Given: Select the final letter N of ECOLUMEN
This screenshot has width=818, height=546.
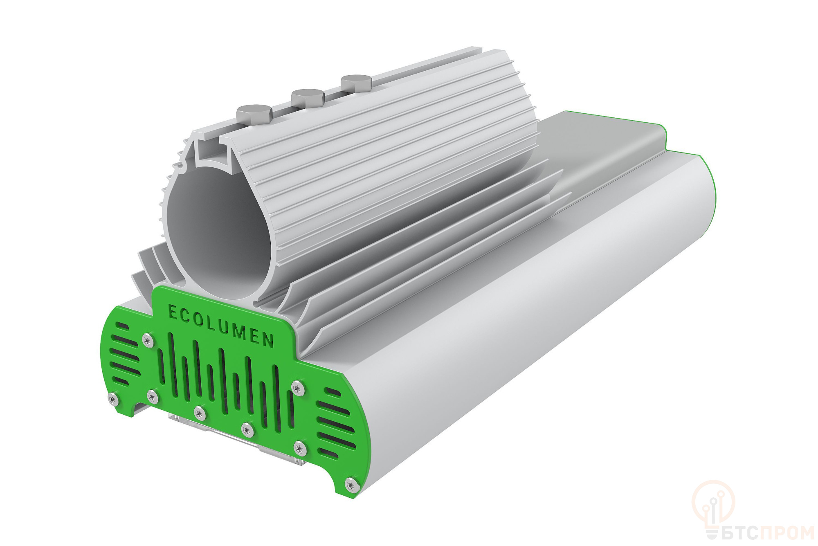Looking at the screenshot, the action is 269,340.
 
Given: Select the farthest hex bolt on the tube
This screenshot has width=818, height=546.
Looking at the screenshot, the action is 356,83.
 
